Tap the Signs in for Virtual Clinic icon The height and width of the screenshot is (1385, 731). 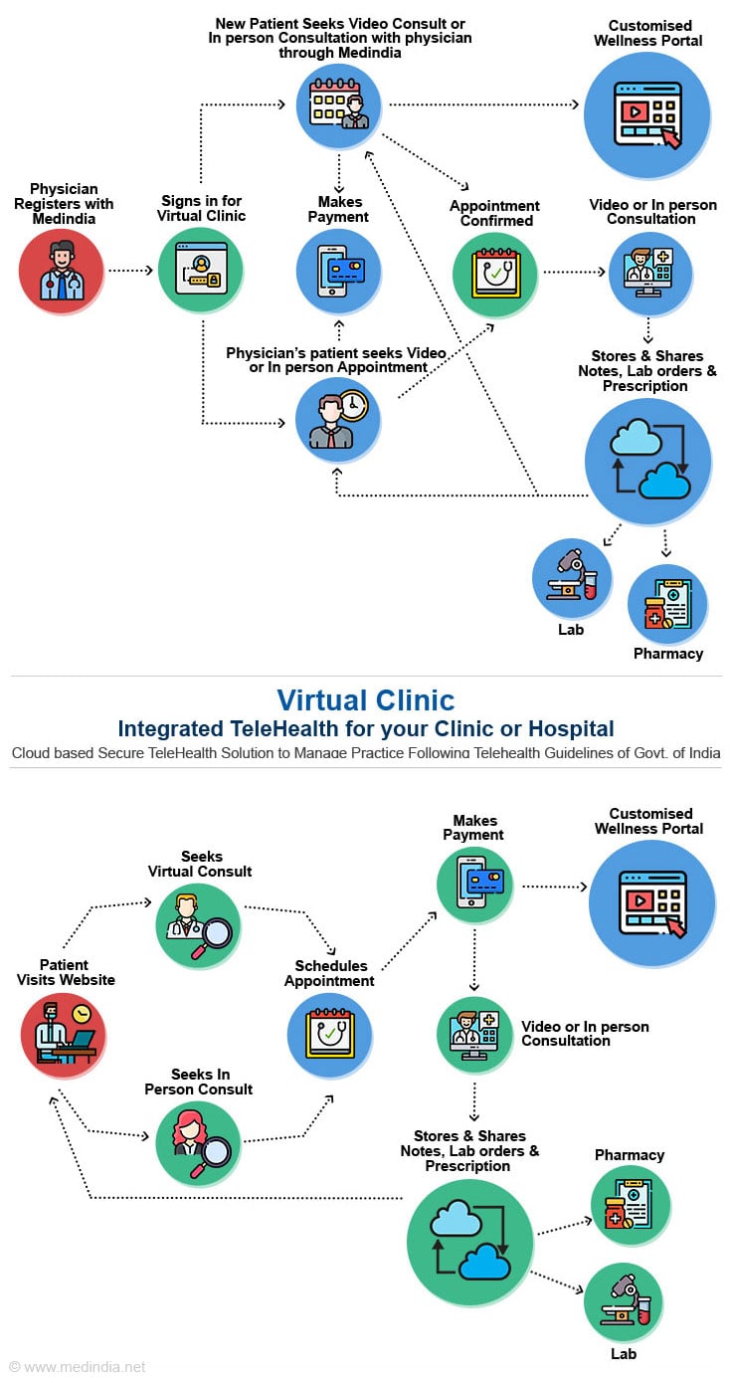tap(201, 271)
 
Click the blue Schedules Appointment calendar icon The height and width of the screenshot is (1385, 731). tap(329, 1035)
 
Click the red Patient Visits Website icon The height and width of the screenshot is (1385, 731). tap(64, 1035)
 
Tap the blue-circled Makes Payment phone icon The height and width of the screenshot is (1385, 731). tap(339, 271)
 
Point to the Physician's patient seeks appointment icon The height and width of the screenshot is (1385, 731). tap(338, 418)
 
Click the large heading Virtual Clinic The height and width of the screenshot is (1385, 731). tap(365, 700)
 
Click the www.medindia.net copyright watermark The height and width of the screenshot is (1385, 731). tap(78, 1367)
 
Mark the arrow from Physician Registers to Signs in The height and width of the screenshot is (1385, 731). tap(130, 271)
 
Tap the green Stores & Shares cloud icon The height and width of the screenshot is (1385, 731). tap(470, 1240)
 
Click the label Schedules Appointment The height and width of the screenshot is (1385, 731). tap(329, 973)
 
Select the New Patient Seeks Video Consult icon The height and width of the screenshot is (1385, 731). tap(339, 104)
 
